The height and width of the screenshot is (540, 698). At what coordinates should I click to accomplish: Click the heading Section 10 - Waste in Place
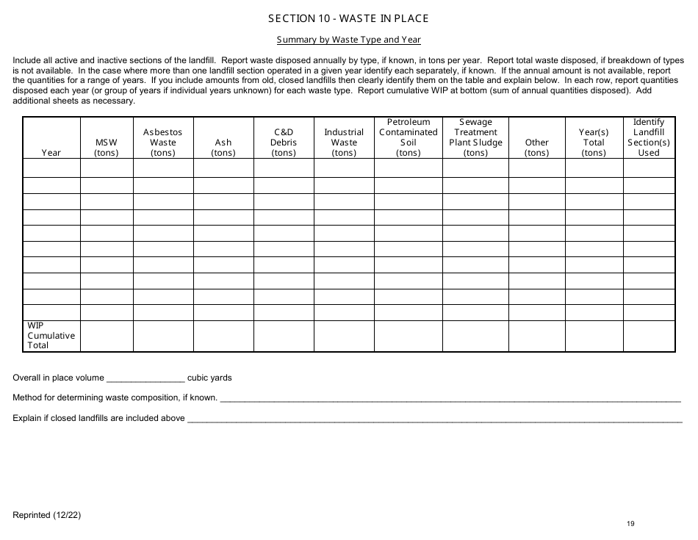348,18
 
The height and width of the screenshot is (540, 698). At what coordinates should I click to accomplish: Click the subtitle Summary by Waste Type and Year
348,40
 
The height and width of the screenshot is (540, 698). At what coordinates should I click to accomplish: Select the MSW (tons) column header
107,148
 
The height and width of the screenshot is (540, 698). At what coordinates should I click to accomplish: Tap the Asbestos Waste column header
163,143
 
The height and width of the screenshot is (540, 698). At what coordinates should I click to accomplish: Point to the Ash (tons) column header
223,148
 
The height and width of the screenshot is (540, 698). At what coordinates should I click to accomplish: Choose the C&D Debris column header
284,143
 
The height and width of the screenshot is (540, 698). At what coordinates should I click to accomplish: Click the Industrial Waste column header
344,143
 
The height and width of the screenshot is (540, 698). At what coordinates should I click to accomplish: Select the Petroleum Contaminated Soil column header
408,137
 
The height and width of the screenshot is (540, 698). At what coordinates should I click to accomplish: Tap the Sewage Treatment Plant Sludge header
475,137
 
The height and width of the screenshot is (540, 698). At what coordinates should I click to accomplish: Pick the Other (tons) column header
536,148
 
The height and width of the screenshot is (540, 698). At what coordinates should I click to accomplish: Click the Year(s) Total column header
594,143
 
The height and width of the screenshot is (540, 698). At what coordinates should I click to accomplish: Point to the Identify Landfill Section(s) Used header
649,137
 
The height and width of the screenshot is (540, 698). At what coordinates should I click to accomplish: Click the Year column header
51,153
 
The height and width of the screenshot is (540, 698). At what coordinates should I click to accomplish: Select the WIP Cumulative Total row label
51,336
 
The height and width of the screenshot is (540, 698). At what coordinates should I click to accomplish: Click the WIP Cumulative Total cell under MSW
107,336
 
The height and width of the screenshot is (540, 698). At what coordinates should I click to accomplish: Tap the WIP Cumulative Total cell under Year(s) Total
594,336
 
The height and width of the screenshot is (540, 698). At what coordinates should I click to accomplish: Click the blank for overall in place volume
145,379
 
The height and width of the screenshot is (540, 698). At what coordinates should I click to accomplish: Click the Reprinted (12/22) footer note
47,515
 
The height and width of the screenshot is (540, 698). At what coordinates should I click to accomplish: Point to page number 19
630,523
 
